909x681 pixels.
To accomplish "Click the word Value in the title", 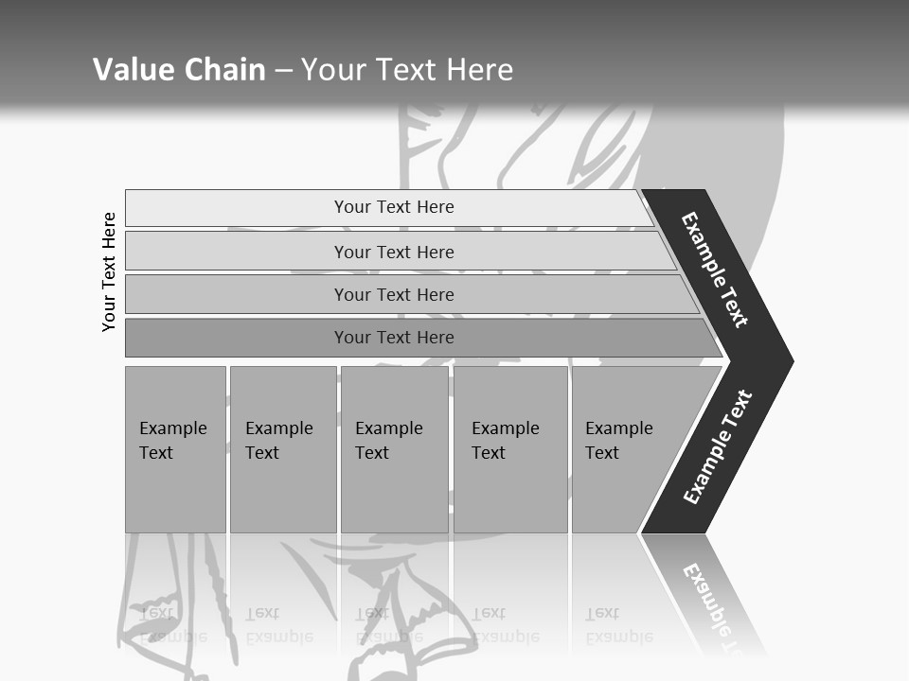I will tap(131, 70).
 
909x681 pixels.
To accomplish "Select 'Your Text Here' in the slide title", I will tap(407, 70).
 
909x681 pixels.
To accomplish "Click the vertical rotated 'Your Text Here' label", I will tap(109, 272).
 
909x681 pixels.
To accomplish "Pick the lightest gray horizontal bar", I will tap(394, 207).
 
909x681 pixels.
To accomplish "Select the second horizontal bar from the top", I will tap(394, 252).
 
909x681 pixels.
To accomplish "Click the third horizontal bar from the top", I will tap(394, 294).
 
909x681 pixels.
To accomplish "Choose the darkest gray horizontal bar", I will tap(394, 338).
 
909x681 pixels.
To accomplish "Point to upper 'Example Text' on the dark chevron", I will tap(715, 270).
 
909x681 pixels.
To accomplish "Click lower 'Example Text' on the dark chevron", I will tap(718, 447).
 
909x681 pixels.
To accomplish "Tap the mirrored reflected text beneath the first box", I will tap(172, 624).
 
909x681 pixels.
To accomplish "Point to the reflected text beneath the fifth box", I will tap(618, 624).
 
